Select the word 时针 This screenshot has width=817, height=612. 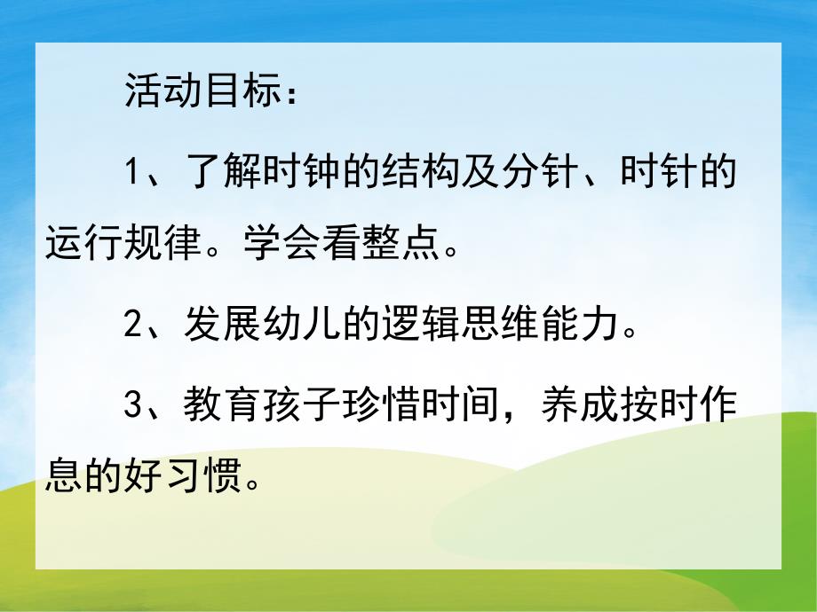[662, 174]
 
